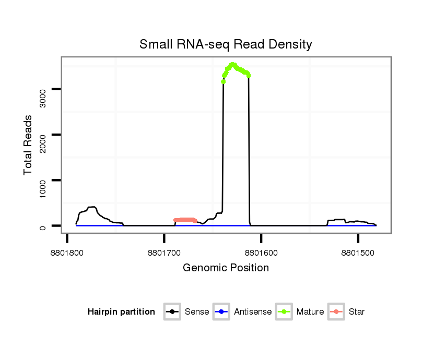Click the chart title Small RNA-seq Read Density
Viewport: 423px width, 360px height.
pyautogui.click(x=226, y=44)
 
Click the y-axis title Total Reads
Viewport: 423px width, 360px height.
pyautogui.click(x=28, y=145)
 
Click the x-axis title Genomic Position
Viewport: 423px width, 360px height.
pyautogui.click(x=226, y=268)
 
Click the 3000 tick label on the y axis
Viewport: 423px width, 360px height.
pyautogui.click(x=43, y=97)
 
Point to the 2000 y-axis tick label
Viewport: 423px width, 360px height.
pyautogui.click(x=43, y=142)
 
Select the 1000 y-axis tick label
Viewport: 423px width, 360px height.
pyautogui.click(x=43, y=188)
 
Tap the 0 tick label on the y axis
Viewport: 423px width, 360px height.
pyautogui.click(x=43, y=226)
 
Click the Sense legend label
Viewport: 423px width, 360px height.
pyautogui.click(x=197, y=312)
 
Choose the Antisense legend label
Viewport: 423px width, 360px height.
pyautogui.click(x=253, y=312)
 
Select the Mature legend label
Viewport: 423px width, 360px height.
pyautogui.click(x=310, y=312)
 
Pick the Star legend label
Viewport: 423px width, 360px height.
pyautogui.click(x=356, y=312)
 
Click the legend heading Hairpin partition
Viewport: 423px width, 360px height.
pyautogui.click(x=121, y=312)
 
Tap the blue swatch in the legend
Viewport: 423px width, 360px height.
pyautogui.click(x=222, y=312)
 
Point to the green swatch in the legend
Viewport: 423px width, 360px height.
pyautogui.click(x=284, y=312)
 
